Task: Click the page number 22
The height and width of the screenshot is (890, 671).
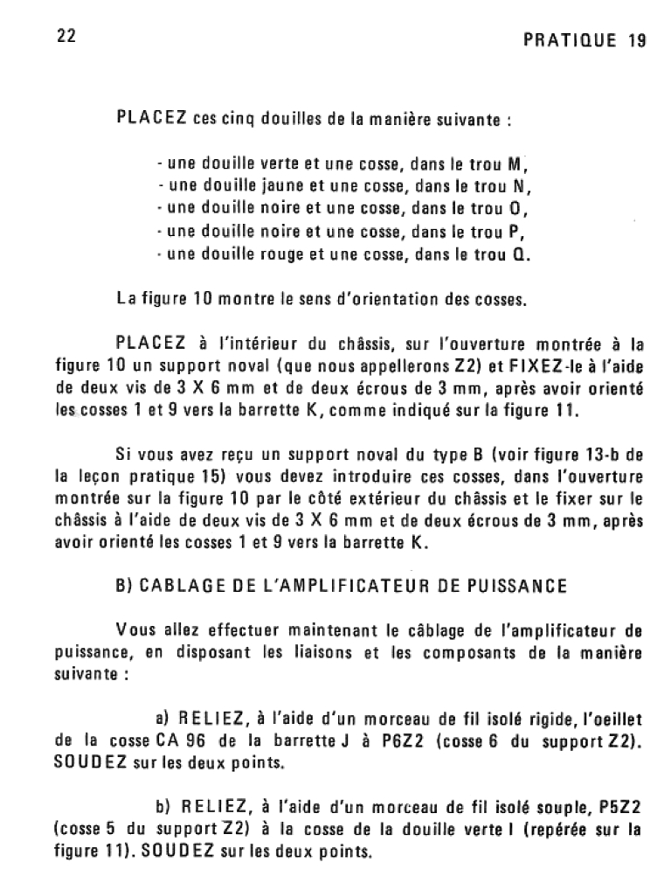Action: (x=65, y=37)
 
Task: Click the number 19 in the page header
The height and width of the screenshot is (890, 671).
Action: (x=635, y=41)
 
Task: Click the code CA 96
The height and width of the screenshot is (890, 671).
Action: (x=183, y=740)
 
